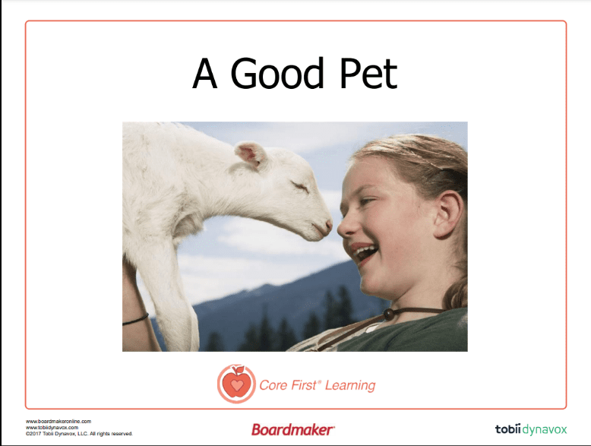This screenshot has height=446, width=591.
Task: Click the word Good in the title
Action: (277, 73)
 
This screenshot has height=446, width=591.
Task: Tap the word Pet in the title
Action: (368, 73)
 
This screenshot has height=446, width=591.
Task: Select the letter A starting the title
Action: (204, 73)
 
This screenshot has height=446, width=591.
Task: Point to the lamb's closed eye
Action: (299, 186)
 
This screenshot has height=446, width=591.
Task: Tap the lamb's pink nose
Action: (327, 226)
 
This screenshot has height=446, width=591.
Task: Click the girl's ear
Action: (447, 214)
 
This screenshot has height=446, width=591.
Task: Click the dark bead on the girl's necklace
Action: (389, 314)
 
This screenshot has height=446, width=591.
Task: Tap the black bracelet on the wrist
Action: (135, 320)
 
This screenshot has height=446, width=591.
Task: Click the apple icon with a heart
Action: (236, 384)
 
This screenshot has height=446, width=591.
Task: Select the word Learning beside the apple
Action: (350, 386)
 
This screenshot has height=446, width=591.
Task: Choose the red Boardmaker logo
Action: (293, 429)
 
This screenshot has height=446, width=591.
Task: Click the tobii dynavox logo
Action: (531, 429)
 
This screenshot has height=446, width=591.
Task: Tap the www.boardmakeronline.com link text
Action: (58, 421)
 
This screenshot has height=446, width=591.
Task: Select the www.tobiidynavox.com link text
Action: (52, 428)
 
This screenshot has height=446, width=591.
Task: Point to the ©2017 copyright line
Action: (79, 434)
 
